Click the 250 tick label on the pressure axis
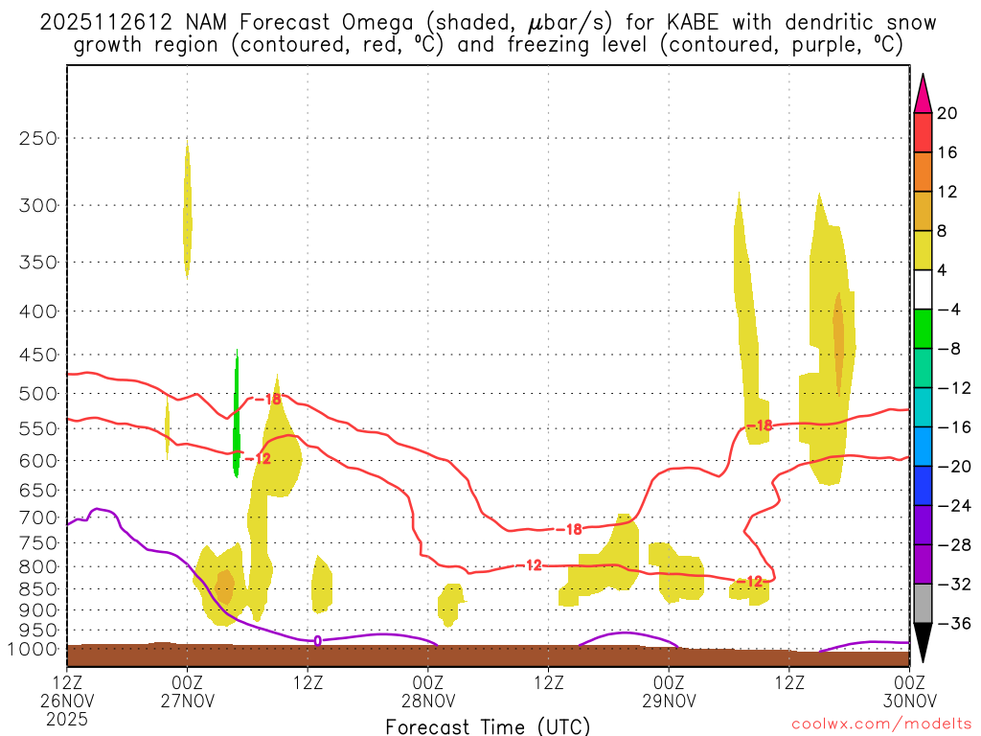coord(37,138)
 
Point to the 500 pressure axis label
coord(37,393)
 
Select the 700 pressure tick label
coord(37,517)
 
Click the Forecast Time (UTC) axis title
coord(488,725)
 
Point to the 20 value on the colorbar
coord(947,113)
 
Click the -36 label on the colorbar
coord(947,624)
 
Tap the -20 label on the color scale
coord(947,467)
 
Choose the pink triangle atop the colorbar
coord(923,93)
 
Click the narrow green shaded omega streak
coord(237,417)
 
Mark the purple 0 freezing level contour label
coord(317,640)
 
